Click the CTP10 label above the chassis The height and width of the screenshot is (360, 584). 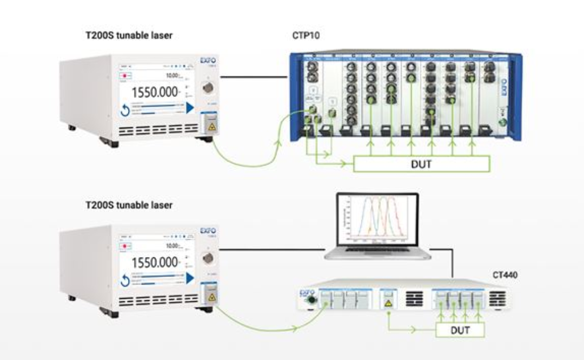pos(304,36)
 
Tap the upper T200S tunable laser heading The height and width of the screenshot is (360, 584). pos(129,36)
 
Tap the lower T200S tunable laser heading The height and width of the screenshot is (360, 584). pos(129,205)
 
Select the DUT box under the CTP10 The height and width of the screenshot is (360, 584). pos(421,164)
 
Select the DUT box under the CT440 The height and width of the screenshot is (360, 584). pos(460,330)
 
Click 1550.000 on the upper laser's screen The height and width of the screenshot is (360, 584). pos(155,91)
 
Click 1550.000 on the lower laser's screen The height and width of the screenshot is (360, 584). pos(155,263)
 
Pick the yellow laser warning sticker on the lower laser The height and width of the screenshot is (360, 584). pos(210,297)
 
